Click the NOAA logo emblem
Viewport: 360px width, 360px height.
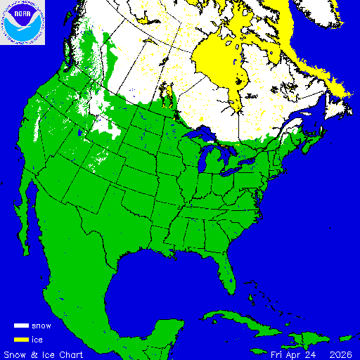22,22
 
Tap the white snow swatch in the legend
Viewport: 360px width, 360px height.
21,326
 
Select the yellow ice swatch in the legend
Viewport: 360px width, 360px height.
21,340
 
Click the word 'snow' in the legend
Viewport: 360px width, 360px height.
41,326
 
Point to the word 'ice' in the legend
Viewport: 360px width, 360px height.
37,340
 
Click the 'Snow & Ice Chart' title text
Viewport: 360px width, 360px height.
44,354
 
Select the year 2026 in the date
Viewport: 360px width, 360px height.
340,354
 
